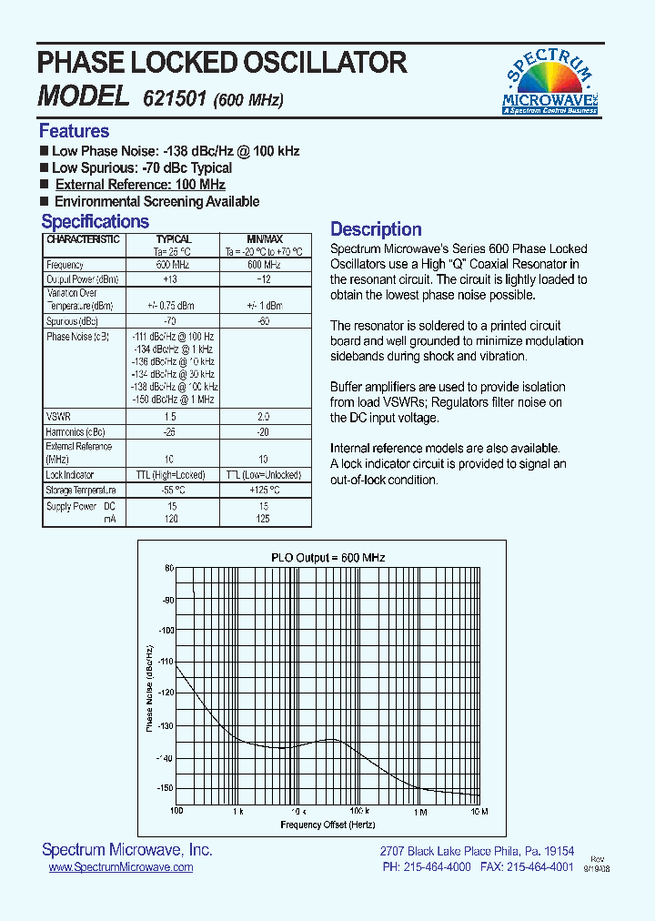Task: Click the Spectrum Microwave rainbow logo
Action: point(550,83)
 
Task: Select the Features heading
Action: point(74,130)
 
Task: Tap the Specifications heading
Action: point(95,221)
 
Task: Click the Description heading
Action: point(376,229)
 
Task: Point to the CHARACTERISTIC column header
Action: point(83,239)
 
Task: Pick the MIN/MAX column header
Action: point(265,239)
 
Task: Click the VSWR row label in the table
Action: point(57,416)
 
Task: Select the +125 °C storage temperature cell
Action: point(265,491)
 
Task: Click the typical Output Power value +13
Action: point(169,279)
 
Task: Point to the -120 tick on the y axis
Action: point(166,693)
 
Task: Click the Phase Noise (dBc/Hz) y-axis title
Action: point(149,687)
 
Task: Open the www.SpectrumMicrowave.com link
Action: point(120,867)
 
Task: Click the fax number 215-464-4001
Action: point(539,867)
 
